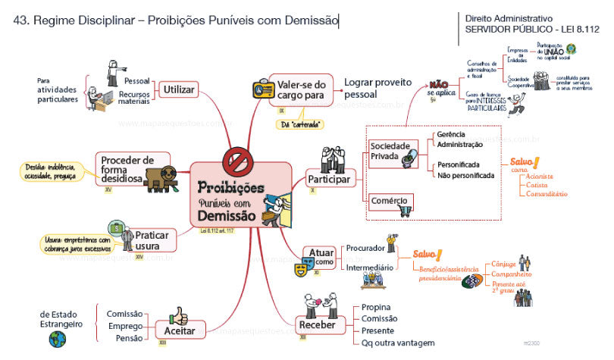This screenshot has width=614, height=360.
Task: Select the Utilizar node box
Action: coord(177,90)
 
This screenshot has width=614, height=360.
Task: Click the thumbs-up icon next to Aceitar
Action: coord(177,315)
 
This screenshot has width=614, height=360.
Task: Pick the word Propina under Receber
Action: coord(377,307)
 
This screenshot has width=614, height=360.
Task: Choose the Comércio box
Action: coord(390,202)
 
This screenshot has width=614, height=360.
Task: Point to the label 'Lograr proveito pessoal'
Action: coord(377,89)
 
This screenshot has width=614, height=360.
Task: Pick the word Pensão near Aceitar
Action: coord(129,338)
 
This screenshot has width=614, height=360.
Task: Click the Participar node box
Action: coord(328,180)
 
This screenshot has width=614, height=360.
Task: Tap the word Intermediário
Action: coord(369,268)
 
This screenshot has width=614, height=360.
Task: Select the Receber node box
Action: coord(317,325)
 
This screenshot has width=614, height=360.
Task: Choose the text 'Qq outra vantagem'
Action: coord(398,343)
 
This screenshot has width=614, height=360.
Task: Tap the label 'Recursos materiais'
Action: coord(133,99)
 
